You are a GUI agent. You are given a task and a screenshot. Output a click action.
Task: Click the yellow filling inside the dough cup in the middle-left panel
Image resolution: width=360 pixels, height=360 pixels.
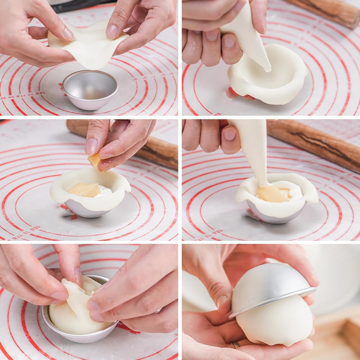point(85,190)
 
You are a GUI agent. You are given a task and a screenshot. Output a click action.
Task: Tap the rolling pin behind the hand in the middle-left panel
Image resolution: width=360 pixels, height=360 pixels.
point(158,151)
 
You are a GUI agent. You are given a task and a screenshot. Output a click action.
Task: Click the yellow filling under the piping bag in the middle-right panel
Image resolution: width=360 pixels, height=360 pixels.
point(272,194)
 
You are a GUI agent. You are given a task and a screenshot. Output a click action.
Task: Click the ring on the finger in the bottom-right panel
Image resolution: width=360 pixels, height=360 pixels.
point(236,345)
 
